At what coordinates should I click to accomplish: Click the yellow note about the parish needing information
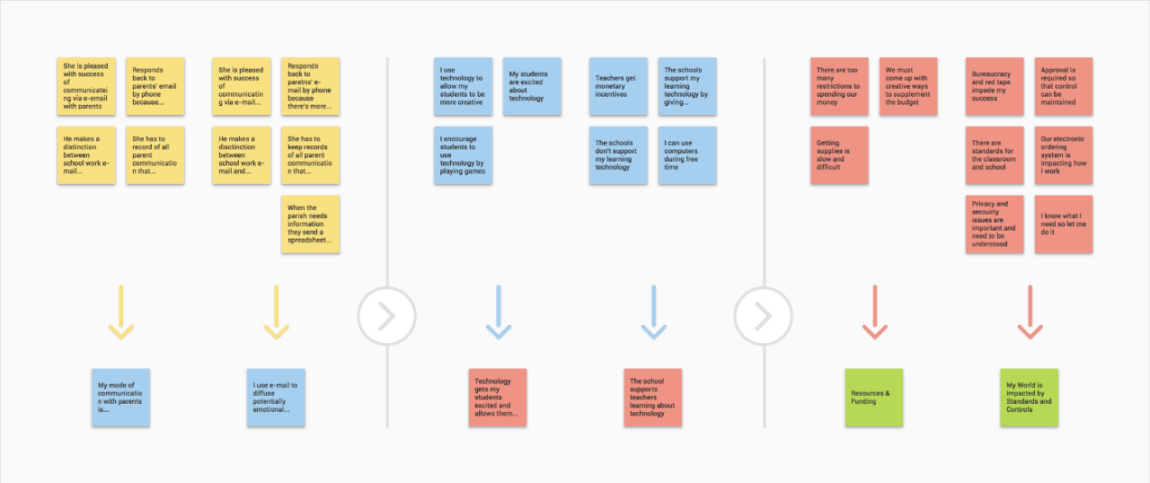310,224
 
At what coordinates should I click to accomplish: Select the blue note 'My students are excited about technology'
532,86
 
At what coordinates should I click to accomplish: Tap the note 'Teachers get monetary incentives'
618,86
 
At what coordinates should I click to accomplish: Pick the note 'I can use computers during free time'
687,155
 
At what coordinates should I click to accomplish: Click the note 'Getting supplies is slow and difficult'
839,155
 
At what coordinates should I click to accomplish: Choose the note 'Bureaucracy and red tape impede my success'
995,86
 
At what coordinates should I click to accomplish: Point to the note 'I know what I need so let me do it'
1063,224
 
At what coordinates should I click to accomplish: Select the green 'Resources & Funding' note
874,398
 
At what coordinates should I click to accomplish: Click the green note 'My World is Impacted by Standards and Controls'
1029,398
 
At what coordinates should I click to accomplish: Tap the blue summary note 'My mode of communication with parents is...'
120,398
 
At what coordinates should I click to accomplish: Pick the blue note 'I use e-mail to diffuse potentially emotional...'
276,398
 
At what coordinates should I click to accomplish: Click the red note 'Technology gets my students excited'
498,398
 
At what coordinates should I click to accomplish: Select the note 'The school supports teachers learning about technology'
652,398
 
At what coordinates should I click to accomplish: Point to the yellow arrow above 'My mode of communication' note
121,312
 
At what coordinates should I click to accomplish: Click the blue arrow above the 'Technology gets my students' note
499,312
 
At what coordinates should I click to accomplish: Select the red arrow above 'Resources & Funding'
875,312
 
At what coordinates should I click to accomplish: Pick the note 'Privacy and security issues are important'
995,224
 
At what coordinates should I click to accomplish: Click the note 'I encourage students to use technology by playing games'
463,155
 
